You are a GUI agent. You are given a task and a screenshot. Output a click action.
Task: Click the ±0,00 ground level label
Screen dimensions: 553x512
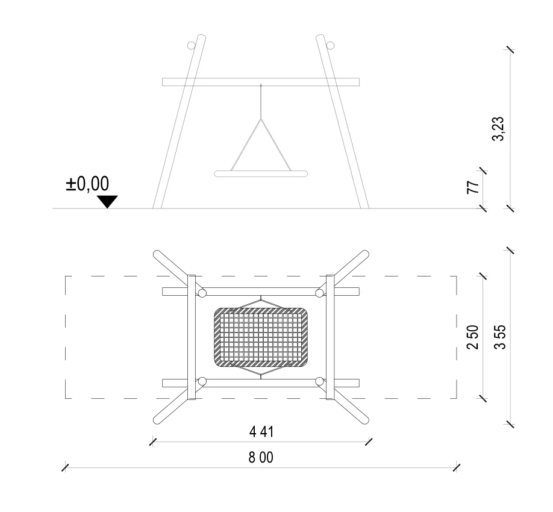(x=87, y=184)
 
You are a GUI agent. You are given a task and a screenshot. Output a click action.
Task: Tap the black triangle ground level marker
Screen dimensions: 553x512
(x=107, y=202)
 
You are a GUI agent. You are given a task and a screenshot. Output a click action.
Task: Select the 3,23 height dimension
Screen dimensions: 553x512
(x=498, y=128)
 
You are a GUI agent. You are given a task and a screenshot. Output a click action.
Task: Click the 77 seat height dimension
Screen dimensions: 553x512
(x=473, y=187)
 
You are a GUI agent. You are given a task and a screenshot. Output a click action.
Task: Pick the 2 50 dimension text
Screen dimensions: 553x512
(x=473, y=337)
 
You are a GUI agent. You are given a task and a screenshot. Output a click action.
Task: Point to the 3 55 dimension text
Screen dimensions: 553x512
(x=500, y=337)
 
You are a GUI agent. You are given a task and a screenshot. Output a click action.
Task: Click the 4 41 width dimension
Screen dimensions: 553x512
(x=261, y=432)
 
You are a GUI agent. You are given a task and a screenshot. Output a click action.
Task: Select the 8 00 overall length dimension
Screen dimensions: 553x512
(x=261, y=457)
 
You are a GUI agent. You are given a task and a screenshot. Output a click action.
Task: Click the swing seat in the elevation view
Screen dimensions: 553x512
(x=261, y=173)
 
